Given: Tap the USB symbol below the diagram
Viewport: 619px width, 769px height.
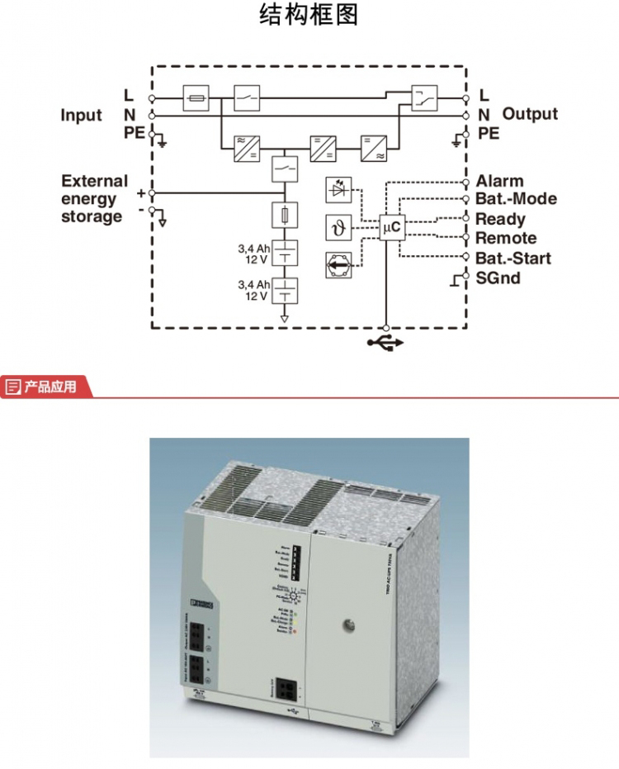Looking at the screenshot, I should click(x=385, y=341).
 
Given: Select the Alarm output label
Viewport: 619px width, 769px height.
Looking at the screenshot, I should click(x=499, y=181).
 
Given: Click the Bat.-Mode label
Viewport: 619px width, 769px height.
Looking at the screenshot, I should click(x=516, y=199).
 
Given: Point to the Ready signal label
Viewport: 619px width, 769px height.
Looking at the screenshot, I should click(x=500, y=219).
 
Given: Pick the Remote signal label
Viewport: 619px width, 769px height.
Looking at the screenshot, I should click(x=506, y=238).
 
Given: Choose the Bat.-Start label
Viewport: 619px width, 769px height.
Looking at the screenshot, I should click(x=513, y=258).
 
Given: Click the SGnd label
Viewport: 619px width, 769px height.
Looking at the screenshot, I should click(x=499, y=278).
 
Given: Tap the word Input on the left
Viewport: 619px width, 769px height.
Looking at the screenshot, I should click(x=81, y=115).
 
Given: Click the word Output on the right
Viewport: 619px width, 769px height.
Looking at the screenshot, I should click(x=530, y=114).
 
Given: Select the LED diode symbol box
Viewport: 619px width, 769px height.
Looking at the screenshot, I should click(x=338, y=190).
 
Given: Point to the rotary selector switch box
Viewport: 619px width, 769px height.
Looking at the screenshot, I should click(x=338, y=264).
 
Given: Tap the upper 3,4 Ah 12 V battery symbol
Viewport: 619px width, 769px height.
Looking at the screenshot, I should click(x=284, y=253).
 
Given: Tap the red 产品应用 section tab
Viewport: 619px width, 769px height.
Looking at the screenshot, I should click(x=46, y=386).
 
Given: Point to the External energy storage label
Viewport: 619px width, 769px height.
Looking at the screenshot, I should click(x=94, y=199).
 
